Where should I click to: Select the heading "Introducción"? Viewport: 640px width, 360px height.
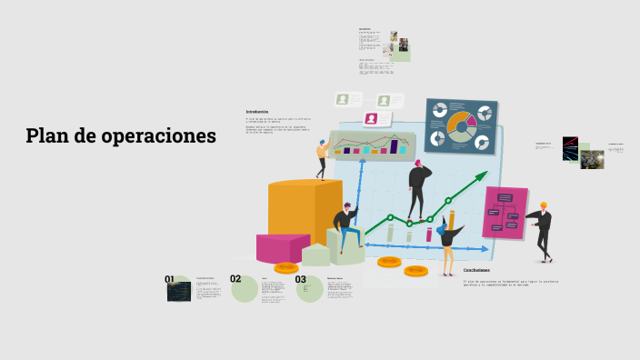click(257, 112)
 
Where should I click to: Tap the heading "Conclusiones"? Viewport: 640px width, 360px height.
click(476, 270)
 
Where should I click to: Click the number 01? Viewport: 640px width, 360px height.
click(169, 279)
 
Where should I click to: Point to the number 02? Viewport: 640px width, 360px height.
click(235, 279)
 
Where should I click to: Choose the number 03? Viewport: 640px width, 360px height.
click(301, 279)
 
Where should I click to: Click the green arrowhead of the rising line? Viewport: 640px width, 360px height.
click(482, 176)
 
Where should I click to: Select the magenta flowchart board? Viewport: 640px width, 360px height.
click(505, 213)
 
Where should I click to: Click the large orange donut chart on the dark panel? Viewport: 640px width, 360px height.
click(461, 126)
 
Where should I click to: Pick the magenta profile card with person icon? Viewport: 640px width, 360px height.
click(371, 118)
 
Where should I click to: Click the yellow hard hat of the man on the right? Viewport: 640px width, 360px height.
click(544, 205)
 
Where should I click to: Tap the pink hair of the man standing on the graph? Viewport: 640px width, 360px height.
click(418, 163)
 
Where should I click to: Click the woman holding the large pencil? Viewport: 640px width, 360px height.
click(447, 241)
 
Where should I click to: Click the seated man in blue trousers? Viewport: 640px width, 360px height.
click(346, 227)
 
